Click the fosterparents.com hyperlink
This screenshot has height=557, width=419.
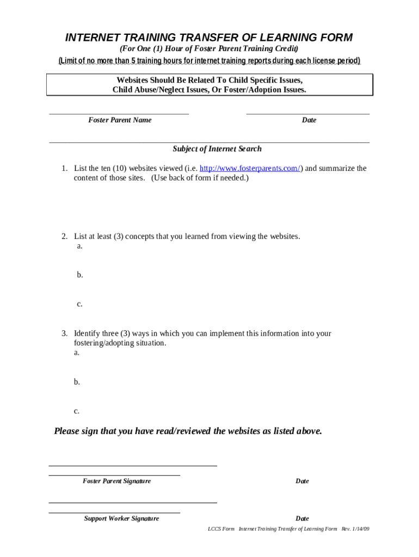(x=250, y=169)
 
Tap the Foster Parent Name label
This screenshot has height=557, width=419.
(x=120, y=120)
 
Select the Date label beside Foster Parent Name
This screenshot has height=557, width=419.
(x=309, y=120)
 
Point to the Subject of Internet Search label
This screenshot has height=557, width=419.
(x=217, y=149)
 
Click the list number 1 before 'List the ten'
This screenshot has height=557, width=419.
(x=64, y=169)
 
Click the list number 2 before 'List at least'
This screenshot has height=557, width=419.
(x=64, y=237)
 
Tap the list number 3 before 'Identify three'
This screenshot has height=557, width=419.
(x=64, y=333)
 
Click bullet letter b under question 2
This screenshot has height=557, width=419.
(x=79, y=275)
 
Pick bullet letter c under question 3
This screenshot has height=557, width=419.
(x=77, y=411)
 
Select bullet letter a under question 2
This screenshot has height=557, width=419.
(x=79, y=246)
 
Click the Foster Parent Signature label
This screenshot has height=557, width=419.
(x=116, y=481)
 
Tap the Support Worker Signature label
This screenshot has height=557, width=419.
(x=121, y=519)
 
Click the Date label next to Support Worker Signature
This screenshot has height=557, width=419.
(x=302, y=519)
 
